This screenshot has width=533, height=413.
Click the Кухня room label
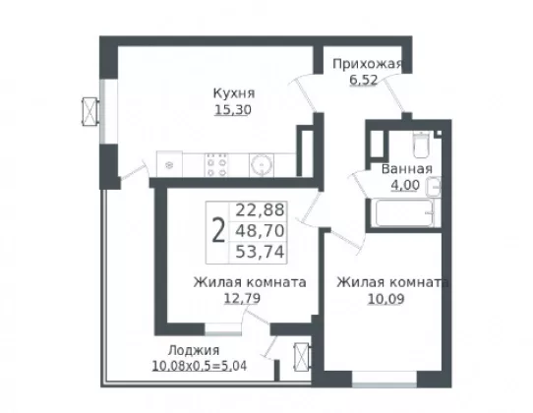click(234, 93)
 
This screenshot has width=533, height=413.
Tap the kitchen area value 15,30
click(233, 110)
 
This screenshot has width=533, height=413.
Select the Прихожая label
click(367, 64)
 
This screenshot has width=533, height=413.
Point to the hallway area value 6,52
click(364, 81)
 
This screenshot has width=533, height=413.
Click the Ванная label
click(407, 169)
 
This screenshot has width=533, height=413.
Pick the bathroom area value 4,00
click(405, 185)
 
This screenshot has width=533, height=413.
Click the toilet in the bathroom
click(421, 145)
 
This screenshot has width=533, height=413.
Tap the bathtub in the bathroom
click(404, 212)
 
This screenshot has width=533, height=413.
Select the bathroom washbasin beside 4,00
click(433, 187)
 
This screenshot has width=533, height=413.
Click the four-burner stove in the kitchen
click(216, 165)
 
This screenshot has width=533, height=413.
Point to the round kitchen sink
click(262, 165)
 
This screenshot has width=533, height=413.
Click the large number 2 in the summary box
click(218, 230)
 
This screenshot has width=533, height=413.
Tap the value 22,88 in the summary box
click(260, 210)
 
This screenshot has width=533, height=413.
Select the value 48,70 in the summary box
click(260, 231)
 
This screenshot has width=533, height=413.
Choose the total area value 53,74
click(260, 252)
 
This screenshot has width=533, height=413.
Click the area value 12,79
click(242, 299)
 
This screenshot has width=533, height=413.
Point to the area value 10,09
click(386, 299)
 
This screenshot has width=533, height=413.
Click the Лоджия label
click(194, 350)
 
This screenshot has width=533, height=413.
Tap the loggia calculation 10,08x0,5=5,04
click(200, 366)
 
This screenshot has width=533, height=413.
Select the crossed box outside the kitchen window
click(90, 112)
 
